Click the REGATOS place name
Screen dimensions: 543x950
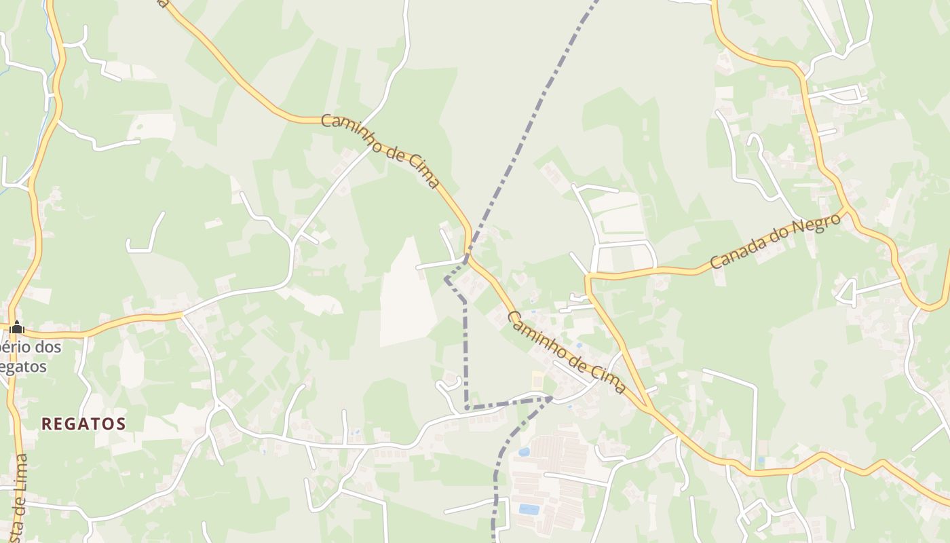pyautogui.click(x=83, y=424)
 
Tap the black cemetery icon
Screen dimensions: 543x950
pyautogui.click(x=17, y=328)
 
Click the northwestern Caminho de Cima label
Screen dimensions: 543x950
pyautogui.click(x=380, y=150)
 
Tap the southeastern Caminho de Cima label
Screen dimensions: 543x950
pyautogui.click(x=567, y=352)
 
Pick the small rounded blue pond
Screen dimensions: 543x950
pyautogui.click(x=523, y=451)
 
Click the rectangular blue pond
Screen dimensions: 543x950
pyautogui.click(x=529, y=508)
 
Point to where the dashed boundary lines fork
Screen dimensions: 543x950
pyautogui.click(x=550, y=399)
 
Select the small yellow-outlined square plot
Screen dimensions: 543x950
pyautogui.click(x=537, y=381)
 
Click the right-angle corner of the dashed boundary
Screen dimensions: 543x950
pyautogui.click(x=466, y=408)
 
